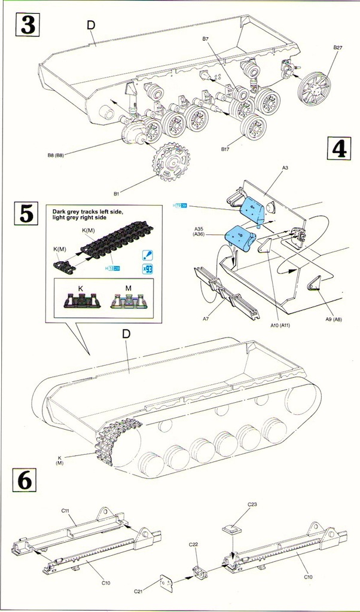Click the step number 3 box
[28, 25]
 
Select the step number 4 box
[338, 148]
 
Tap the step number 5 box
[28, 213]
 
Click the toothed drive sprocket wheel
[170, 162]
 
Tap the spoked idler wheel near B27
[314, 88]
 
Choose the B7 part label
[205, 38]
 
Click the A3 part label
[285, 169]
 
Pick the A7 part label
[205, 320]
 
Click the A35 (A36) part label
[200, 232]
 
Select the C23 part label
[252, 504]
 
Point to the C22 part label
[193, 544]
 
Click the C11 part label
[66, 510]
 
